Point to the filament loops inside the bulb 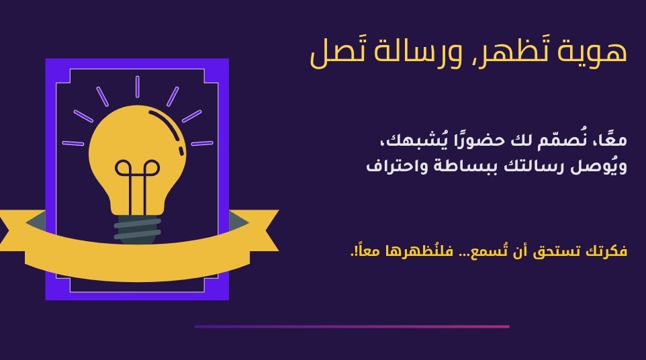click(137, 168)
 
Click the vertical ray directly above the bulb click(137, 87)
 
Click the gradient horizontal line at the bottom click(353, 326)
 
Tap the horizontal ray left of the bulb click(73, 143)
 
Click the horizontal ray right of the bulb click(202, 143)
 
